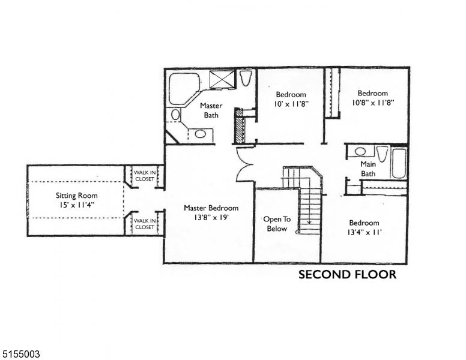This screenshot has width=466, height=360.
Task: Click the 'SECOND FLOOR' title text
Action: pyautogui.click(x=347, y=275)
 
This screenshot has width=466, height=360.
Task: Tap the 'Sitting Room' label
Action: pyautogui.click(x=76, y=196)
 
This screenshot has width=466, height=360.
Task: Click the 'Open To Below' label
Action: pyautogui.click(x=276, y=224)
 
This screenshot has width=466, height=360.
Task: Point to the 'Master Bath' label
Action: pyautogui.click(x=211, y=110)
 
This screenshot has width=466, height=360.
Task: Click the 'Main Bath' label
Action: pyautogui.click(x=368, y=169)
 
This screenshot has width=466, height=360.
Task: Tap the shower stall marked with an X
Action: pyautogui.click(x=222, y=79)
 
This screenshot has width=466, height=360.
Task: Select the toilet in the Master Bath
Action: pyautogui.click(x=245, y=78)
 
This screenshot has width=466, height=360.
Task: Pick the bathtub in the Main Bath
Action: pyautogui.click(x=399, y=163)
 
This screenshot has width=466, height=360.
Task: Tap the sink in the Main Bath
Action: pyautogui.click(x=360, y=152)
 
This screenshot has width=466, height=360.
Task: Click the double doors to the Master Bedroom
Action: pyautogui.click(x=245, y=163)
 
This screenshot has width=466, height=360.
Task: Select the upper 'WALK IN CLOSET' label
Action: pyautogui.click(x=144, y=175)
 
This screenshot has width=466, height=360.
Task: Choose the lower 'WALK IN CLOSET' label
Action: pyautogui.click(x=144, y=224)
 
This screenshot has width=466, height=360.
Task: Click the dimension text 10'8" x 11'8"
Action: pyautogui.click(x=372, y=103)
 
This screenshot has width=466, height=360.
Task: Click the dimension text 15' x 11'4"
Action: pyautogui.click(x=76, y=205)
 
